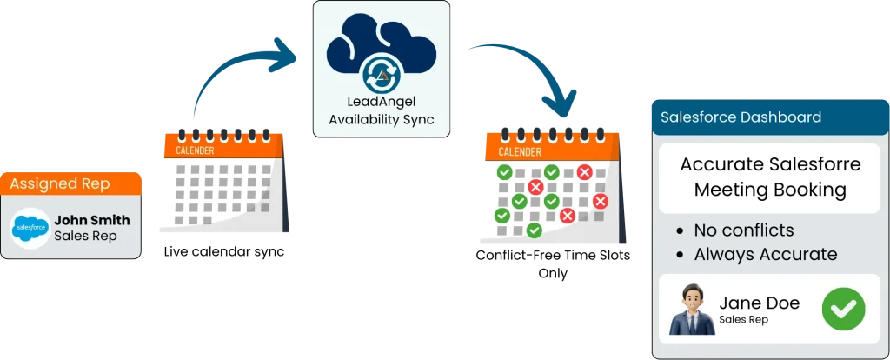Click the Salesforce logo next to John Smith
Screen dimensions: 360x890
[31, 228]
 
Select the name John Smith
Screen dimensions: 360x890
[91, 220]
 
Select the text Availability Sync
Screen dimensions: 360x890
[382, 118]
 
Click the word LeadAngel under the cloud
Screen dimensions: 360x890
[382, 102]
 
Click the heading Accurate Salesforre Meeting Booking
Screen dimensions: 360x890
[770, 177]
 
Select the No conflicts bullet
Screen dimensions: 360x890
[744, 230]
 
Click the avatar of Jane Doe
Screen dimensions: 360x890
[693, 310]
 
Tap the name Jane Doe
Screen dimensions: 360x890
[759, 303]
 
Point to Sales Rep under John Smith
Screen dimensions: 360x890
[79, 236]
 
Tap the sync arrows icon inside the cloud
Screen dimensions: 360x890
[382, 70]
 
